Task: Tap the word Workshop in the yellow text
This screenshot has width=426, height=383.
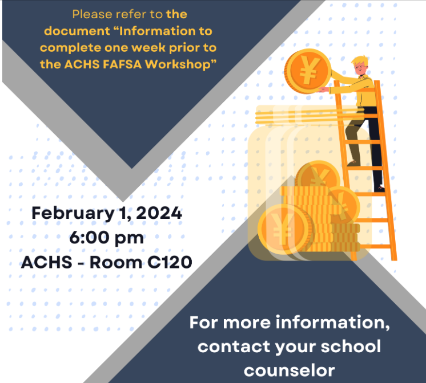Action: [x=179, y=64]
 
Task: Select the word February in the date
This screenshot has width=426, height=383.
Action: [x=73, y=214]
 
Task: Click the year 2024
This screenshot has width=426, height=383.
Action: [x=159, y=213]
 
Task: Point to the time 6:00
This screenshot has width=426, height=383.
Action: [x=87, y=238]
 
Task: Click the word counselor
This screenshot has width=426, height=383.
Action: [x=290, y=370]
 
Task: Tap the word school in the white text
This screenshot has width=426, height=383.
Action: [x=351, y=346]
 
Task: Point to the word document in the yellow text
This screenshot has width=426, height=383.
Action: [x=77, y=31]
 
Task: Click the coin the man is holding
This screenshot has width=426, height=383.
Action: [x=308, y=71]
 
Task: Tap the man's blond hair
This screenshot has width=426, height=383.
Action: [x=360, y=61]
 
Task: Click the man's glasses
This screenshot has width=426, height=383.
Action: [x=359, y=67]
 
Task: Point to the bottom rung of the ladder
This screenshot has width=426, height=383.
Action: [x=372, y=247]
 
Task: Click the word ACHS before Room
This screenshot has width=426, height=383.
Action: [x=46, y=262]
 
